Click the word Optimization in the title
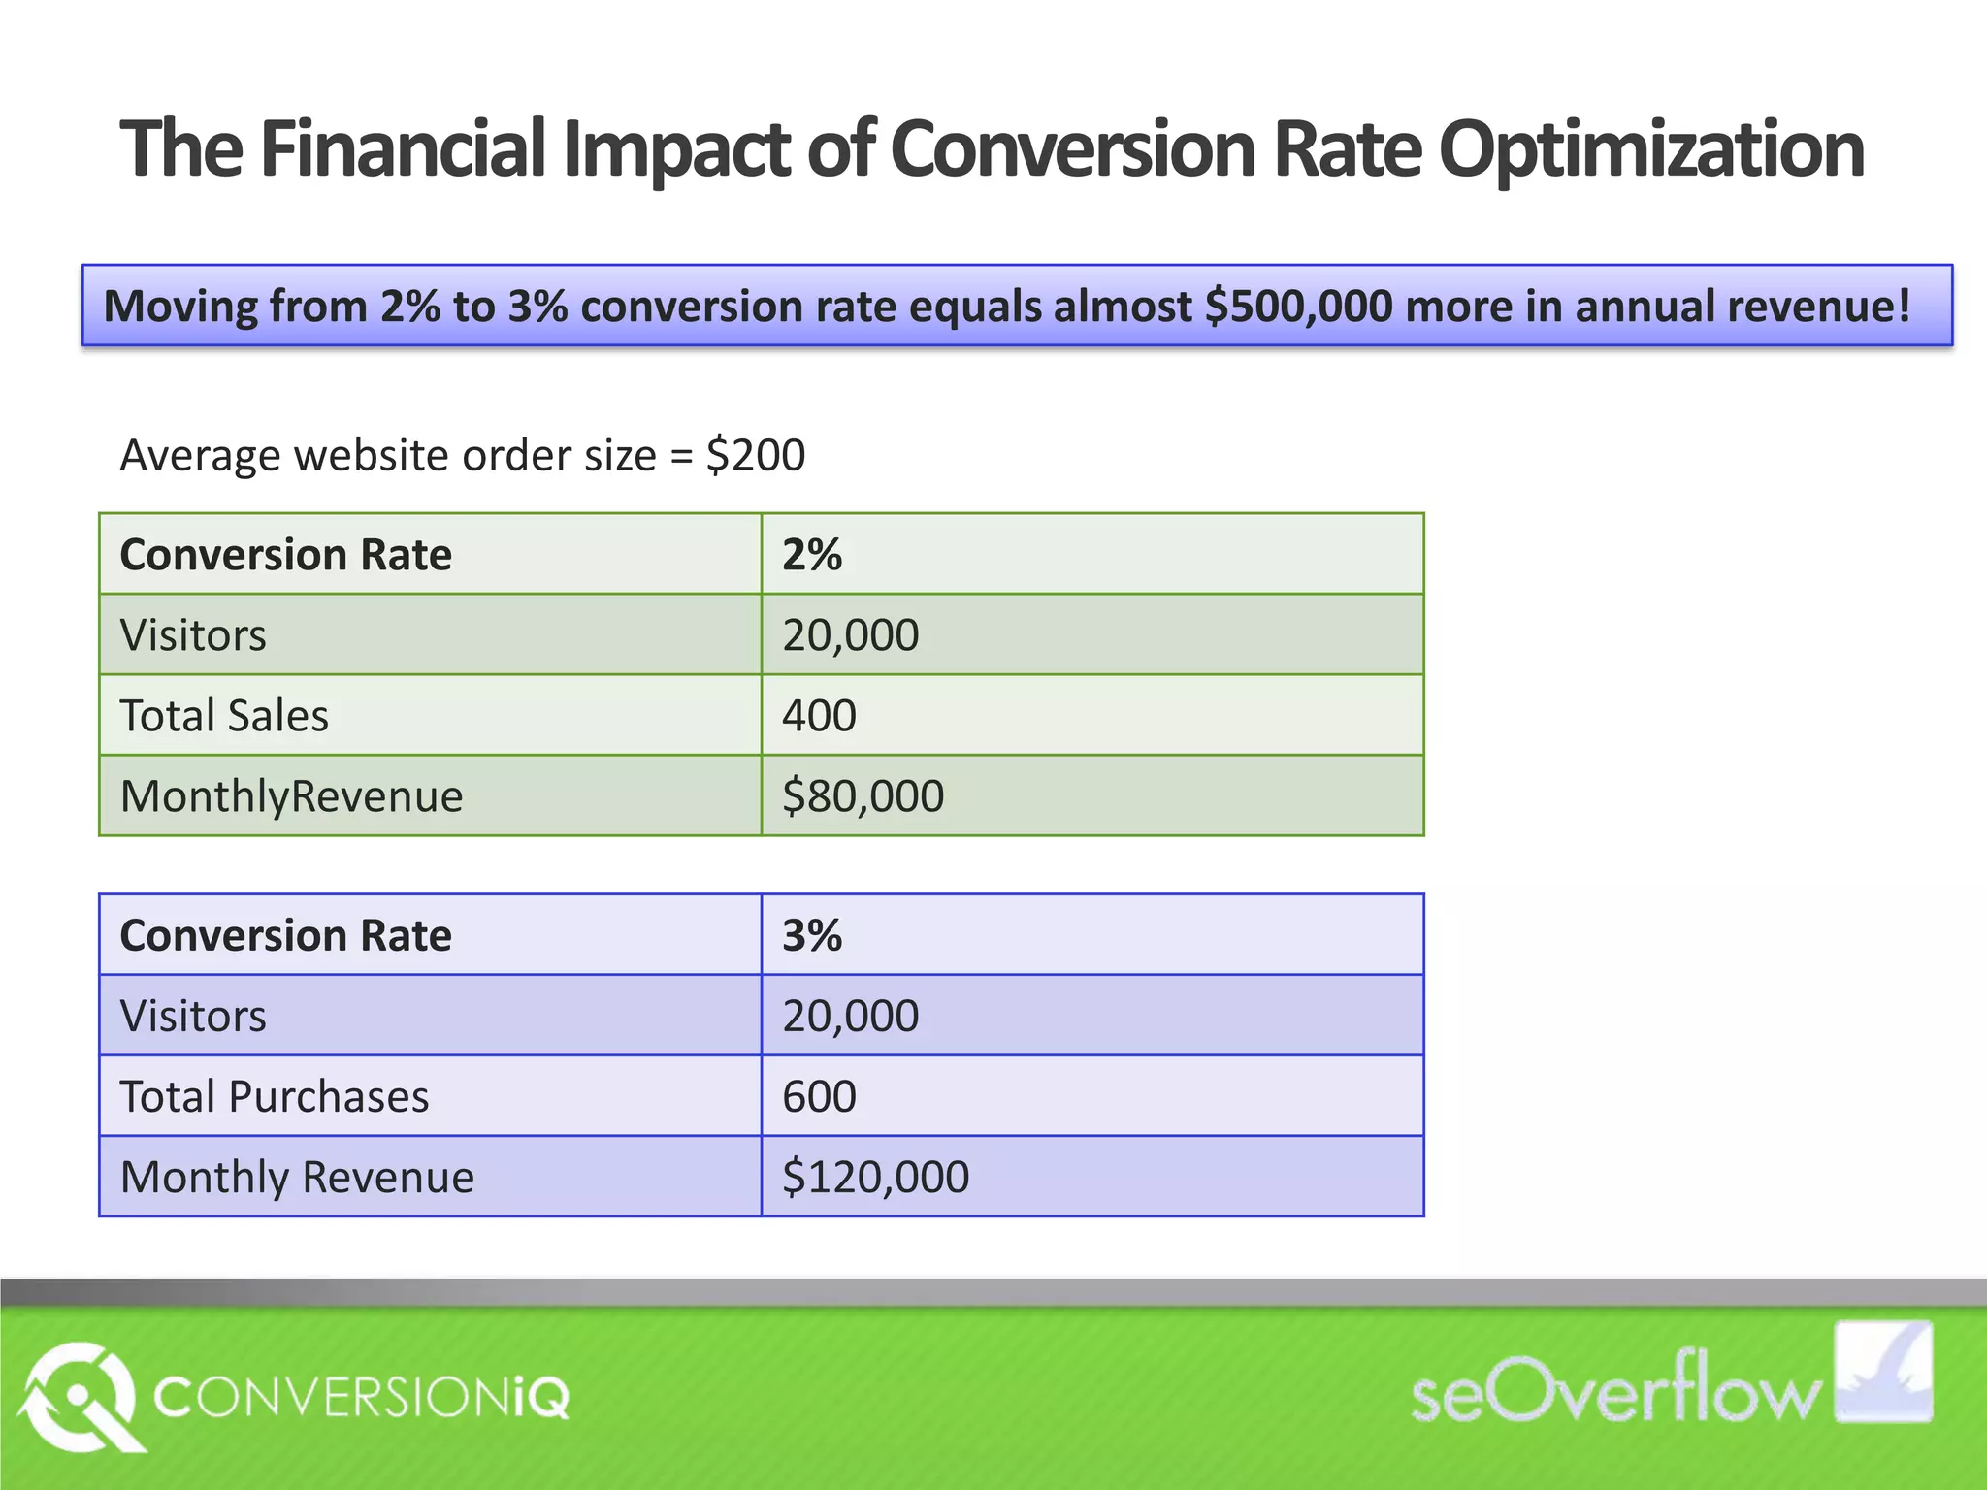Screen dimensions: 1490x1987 tap(1650, 150)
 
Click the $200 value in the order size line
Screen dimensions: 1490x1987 tap(756, 455)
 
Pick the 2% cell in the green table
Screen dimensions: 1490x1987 tap(812, 555)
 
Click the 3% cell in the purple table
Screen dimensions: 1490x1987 tap(812, 936)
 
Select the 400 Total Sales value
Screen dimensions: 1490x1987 tap(819, 716)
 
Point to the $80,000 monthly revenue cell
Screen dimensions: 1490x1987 tap(863, 796)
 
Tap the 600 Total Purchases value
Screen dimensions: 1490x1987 tap(819, 1097)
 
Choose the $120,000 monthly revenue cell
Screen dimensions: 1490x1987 tap(875, 1178)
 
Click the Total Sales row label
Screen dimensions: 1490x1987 tap(224, 716)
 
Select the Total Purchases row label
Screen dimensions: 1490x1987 tap(275, 1097)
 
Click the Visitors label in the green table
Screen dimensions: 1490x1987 tap(193, 635)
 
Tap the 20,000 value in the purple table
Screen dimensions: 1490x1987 tap(850, 1017)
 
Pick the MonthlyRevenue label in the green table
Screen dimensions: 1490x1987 tap(291, 796)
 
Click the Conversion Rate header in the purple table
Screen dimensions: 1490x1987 tap(285, 936)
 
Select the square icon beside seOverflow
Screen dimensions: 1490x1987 tap(1882, 1372)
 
